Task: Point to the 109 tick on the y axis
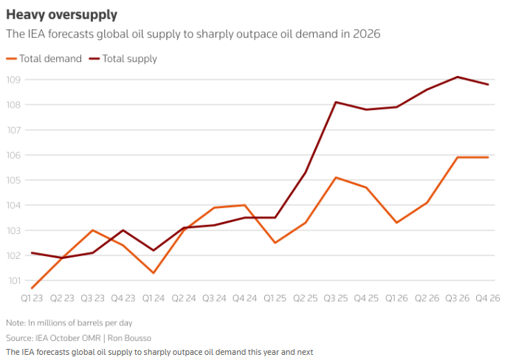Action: (14, 80)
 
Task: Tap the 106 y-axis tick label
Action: (14, 155)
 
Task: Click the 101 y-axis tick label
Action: (14, 280)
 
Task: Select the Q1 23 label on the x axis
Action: (33, 298)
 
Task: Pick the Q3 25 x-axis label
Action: (336, 298)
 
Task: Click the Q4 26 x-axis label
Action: (487, 298)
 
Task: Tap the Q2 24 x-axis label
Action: (184, 298)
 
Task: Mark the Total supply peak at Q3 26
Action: (458, 77)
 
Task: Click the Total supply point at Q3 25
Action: (336, 102)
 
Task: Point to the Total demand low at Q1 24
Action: (153, 273)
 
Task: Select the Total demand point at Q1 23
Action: (32, 288)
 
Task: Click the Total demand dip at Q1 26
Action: (396, 223)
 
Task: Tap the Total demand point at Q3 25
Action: (336, 177)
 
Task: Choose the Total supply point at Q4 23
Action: (123, 230)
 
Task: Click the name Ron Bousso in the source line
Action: (126, 337)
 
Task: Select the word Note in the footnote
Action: (15, 323)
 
